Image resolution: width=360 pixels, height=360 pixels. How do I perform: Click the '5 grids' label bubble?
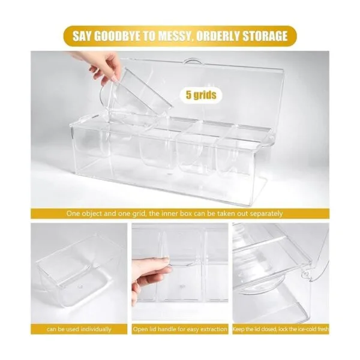tap(201, 95)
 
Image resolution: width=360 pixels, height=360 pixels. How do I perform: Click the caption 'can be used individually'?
tap(79, 329)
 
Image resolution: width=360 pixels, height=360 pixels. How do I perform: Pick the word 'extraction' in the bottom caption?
tap(214, 329)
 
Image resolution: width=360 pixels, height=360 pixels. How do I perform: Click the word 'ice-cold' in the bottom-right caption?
tap(306, 329)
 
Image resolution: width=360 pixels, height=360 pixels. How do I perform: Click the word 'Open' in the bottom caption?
tap(140, 329)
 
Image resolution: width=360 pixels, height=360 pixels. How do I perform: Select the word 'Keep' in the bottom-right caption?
tap(238, 329)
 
